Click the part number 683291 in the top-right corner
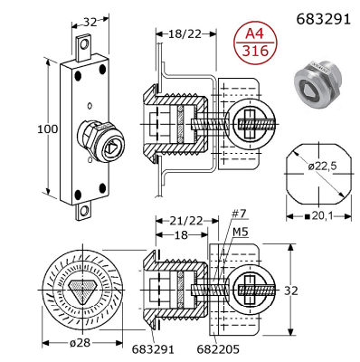[x=324, y=19]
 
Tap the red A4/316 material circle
[x=255, y=43]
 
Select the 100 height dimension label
[x=47, y=129]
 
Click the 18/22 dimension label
[x=185, y=34]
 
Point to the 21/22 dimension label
[x=185, y=221]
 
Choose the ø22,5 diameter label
[x=322, y=166]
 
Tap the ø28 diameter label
[x=80, y=343]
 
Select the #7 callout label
[x=239, y=214]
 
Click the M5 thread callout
[x=241, y=232]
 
